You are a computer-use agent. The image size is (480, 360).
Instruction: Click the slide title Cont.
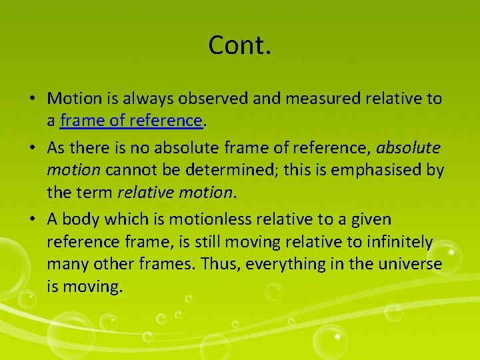tap(239, 45)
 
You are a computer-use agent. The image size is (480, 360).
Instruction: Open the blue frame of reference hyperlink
tap(131, 121)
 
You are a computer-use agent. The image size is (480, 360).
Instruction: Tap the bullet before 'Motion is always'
tap(33, 99)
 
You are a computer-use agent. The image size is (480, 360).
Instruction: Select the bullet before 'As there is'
tap(33, 147)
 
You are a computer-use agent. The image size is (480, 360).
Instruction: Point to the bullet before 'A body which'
tap(33, 219)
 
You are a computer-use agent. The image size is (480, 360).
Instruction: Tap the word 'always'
tap(150, 99)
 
